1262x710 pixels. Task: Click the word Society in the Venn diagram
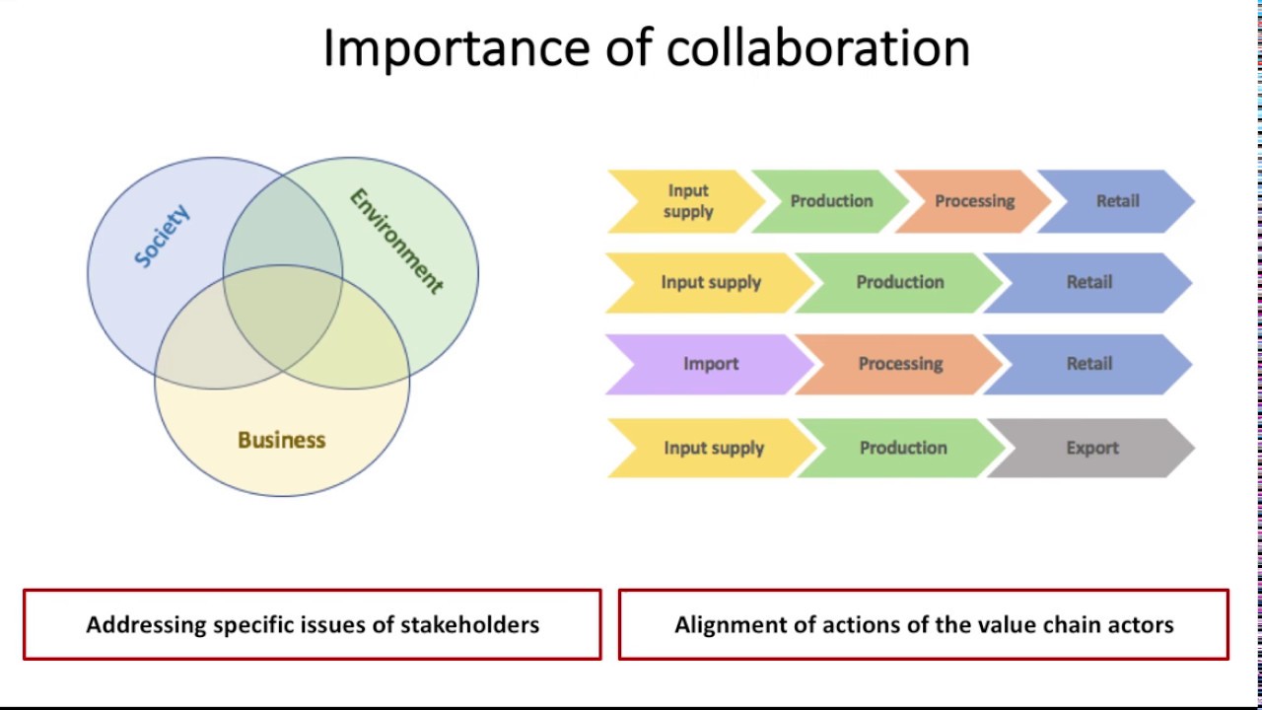[x=162, y=237]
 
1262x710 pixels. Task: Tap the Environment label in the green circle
[x=396, y=241]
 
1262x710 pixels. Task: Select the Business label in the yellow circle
[x=281, y=440]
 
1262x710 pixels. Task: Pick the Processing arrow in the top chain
[x=974, y=201]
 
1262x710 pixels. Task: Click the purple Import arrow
[x=710, y=364]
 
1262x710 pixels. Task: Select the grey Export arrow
[x=1092, y=448]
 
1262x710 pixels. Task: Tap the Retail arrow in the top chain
[x=1118, y=201]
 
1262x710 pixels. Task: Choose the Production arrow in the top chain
[x=831, y=201]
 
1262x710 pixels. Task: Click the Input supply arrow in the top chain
[x=687, y=201]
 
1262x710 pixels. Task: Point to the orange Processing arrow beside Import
[x=900, y=364]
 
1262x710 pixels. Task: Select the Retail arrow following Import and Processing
[x=1089, y=364]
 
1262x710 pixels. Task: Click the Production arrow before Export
[x=902, y=448]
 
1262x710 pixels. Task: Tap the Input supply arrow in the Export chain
[x=713, y=448]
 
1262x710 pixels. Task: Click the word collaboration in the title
[x=817, y=47]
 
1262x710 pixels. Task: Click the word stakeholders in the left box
[x=469, y=624]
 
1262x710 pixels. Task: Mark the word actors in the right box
[x=1140, y=625]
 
